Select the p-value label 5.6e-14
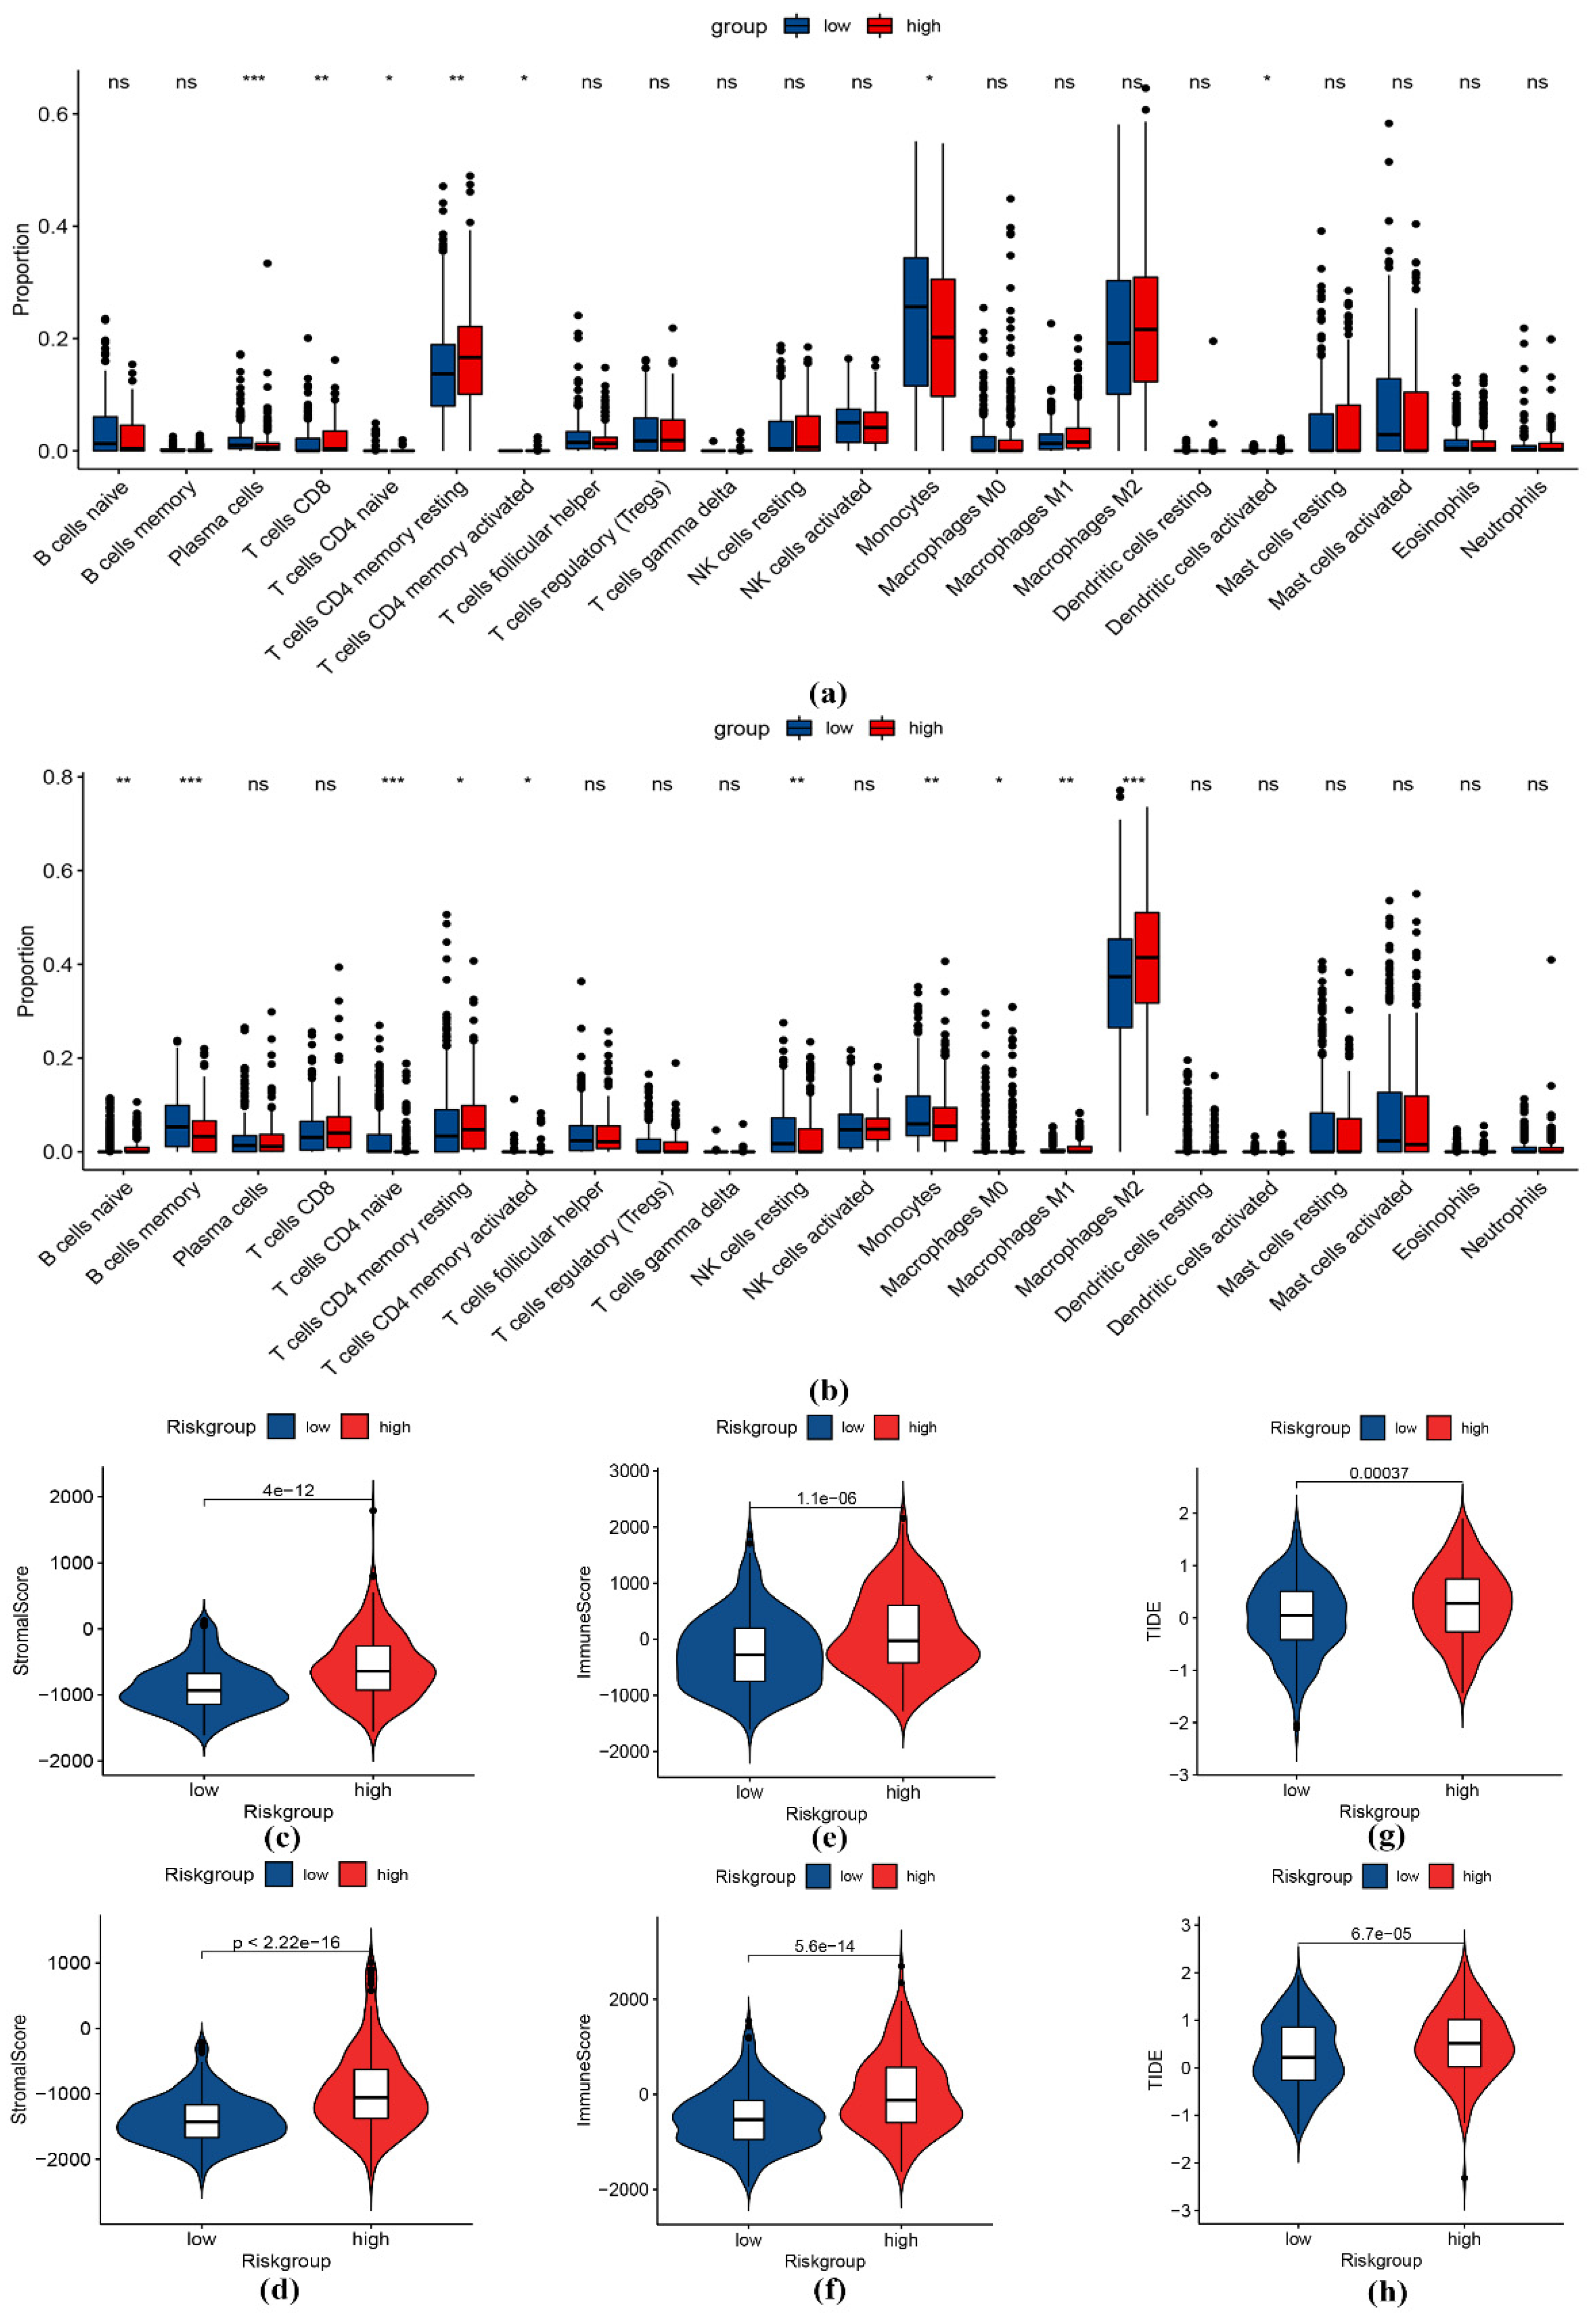point(825,1945)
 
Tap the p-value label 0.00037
point(1379,1473)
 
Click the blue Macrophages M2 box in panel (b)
point(1119,983)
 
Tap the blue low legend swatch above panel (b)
point(799,728)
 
